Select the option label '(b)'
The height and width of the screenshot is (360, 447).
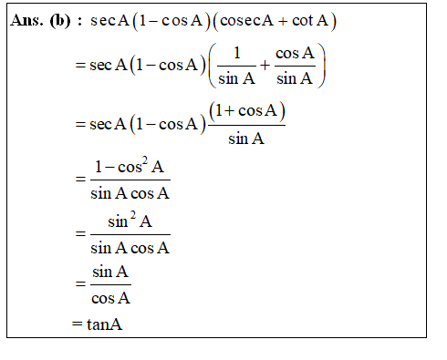(x=60, y=21)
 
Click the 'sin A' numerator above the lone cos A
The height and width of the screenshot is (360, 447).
(x=111, y=273)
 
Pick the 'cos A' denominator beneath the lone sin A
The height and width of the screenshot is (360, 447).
(x=111, y=297)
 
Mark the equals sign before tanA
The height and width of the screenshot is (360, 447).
(x=78, y=324)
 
